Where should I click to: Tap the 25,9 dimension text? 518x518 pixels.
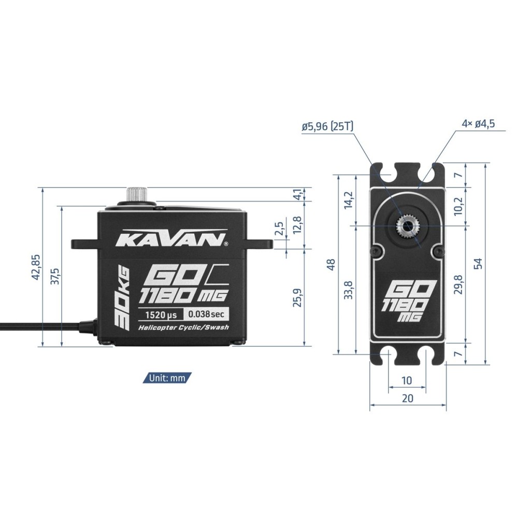pyautogui.click(x=297, y=297)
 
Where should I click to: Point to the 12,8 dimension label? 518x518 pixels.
pyautogui.click(x=297, y=226)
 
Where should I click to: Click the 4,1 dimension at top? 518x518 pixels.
pyautogui.click(x=297, y=195)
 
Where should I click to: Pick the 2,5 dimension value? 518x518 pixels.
pyautogui.click(x=280, y=228)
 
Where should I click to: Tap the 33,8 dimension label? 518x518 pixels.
pyautogui.click(x=349, y=290)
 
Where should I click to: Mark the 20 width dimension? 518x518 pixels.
pyautogui.click(x=408, y=398)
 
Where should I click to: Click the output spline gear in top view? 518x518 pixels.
pyautogui.click(x=408, y=226)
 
